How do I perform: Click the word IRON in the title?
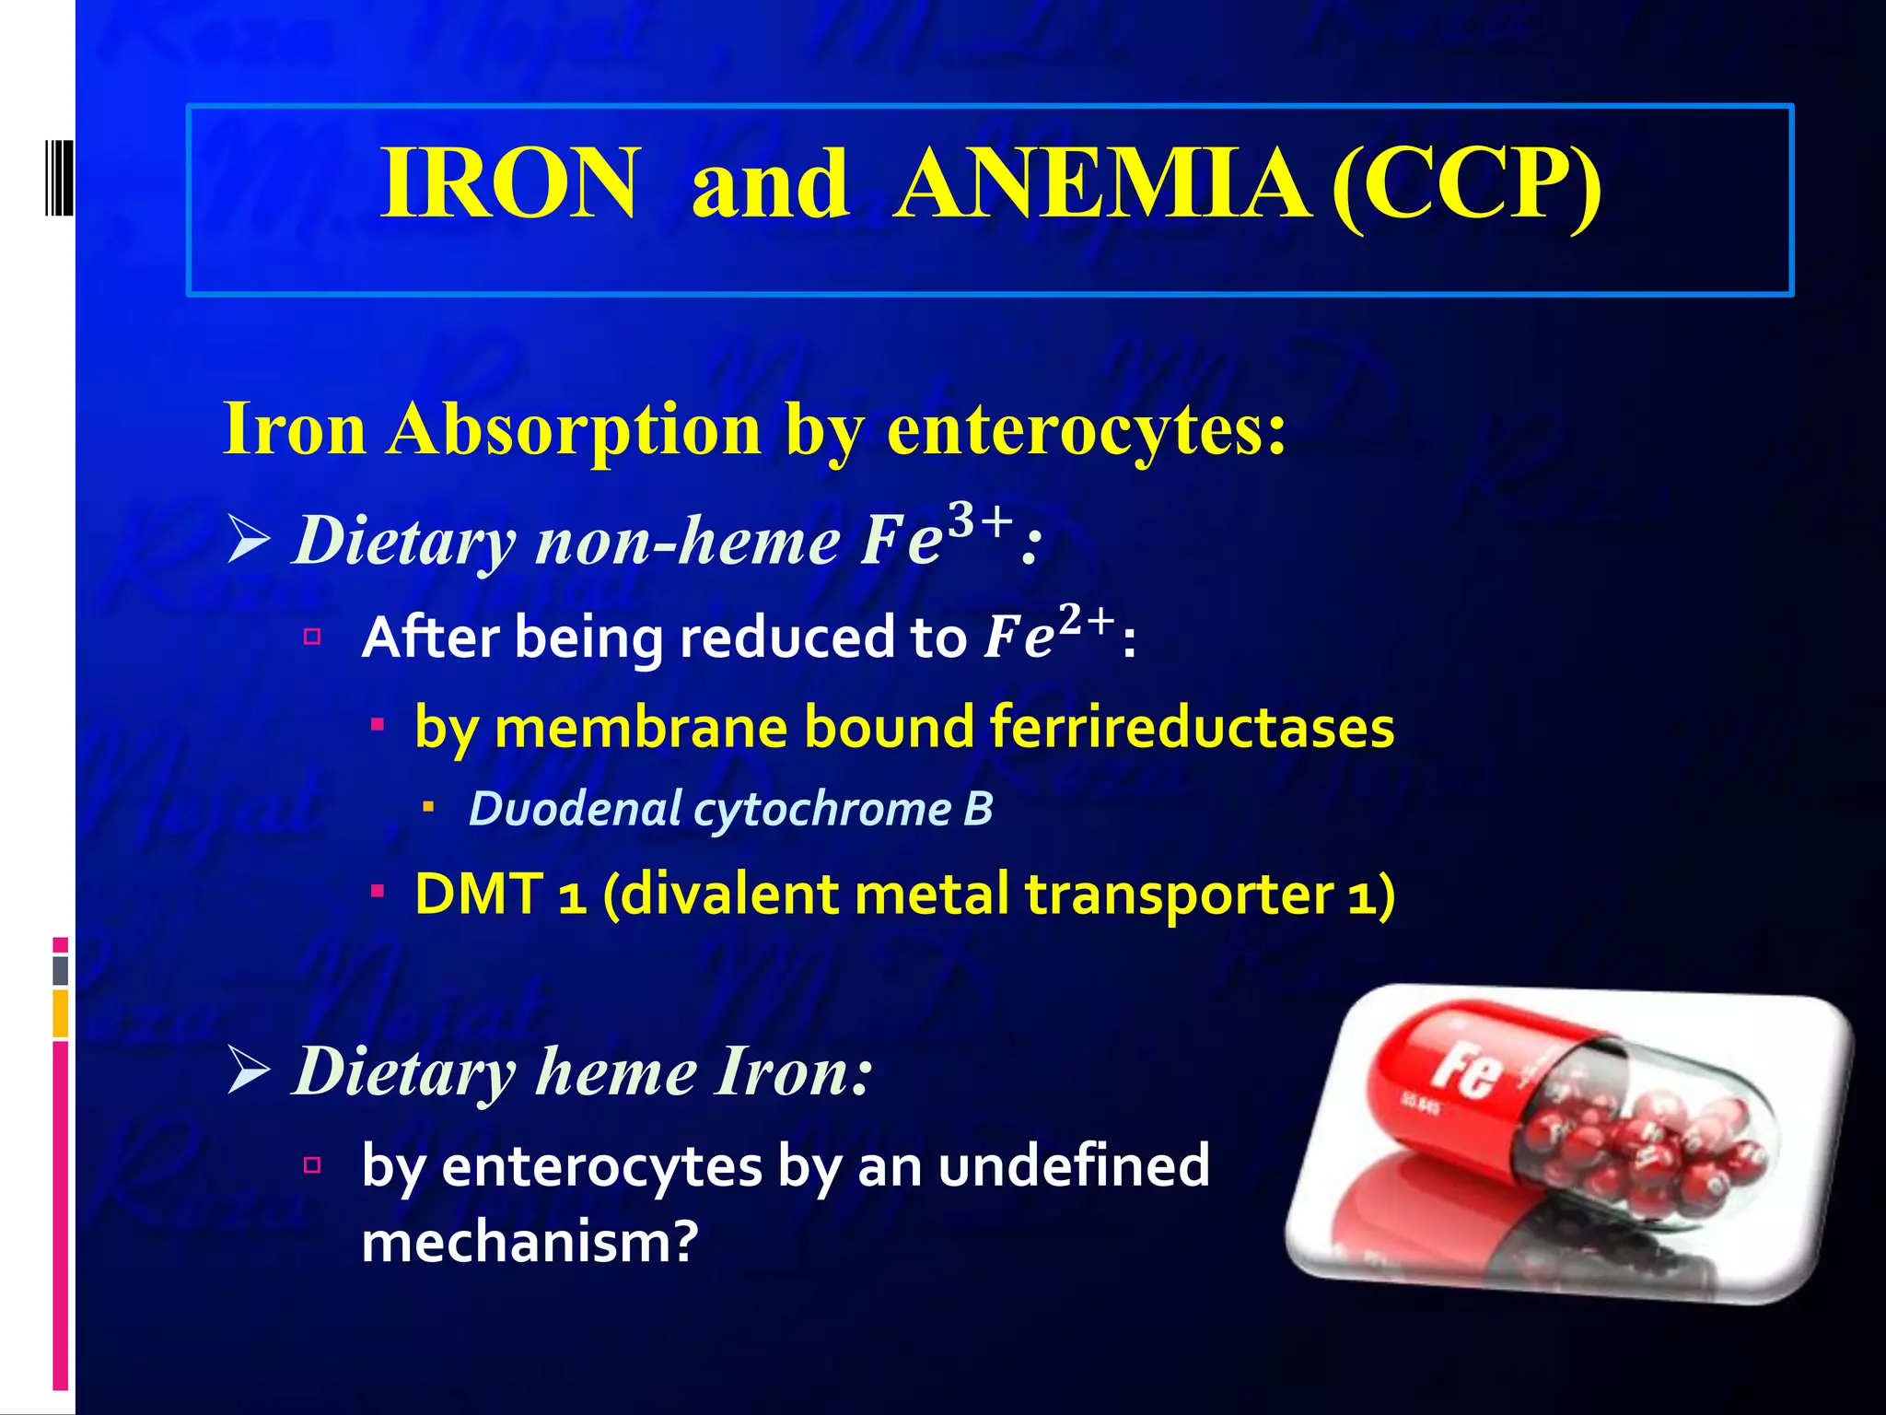509,183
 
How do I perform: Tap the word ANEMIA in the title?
1101,183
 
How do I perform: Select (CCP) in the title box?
1466,183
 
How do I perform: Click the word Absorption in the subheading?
574,429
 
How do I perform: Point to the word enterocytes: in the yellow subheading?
1087,431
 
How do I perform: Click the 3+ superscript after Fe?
982,520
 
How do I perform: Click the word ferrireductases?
1193,728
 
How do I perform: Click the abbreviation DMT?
479,894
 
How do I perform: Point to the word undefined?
1074,1165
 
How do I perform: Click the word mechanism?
530,1242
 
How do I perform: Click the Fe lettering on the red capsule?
1466,1071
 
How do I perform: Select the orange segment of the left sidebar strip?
61,1012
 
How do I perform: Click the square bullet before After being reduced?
312,636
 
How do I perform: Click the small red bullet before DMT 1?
378,892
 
